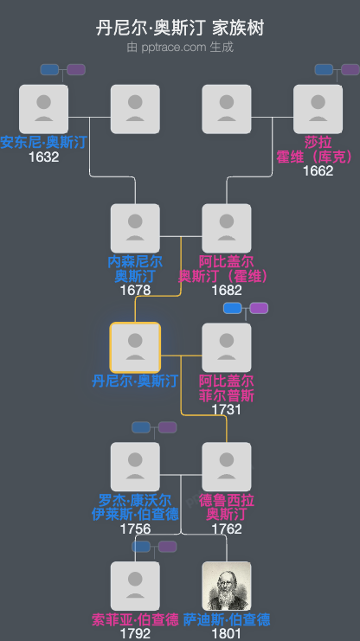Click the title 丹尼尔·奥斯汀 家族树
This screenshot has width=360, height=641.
coord(180,29)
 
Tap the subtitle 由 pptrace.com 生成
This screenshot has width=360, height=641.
coord(180,47)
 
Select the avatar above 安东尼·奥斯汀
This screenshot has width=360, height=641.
coord(43,109)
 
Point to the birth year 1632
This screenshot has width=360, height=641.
coord(43,157)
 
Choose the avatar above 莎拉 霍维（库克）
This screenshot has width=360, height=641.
coord(318,109)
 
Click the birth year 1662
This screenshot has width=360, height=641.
coord(318,170)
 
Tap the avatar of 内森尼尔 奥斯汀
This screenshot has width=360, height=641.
coord(135,228)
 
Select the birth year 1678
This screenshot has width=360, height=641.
coord(135,290)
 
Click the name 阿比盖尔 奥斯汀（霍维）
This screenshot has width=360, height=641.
coord(227,268)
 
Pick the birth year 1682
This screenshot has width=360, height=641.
coord(227,290)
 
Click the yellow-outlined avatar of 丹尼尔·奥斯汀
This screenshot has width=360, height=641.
coord(135,348)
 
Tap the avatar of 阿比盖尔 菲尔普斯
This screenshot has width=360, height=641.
coord(227,348)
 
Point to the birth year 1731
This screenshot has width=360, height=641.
coord(227,409)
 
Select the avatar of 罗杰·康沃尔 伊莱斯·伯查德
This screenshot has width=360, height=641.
coord(135,467)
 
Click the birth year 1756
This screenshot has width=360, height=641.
coord(135,529)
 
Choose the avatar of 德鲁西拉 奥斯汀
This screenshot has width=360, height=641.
coord(227,467)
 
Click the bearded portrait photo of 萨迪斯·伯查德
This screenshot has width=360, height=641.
coord(227,586)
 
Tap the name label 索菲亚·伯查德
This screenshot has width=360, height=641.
coord(135,619)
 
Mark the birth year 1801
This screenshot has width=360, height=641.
coord(227,634)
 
